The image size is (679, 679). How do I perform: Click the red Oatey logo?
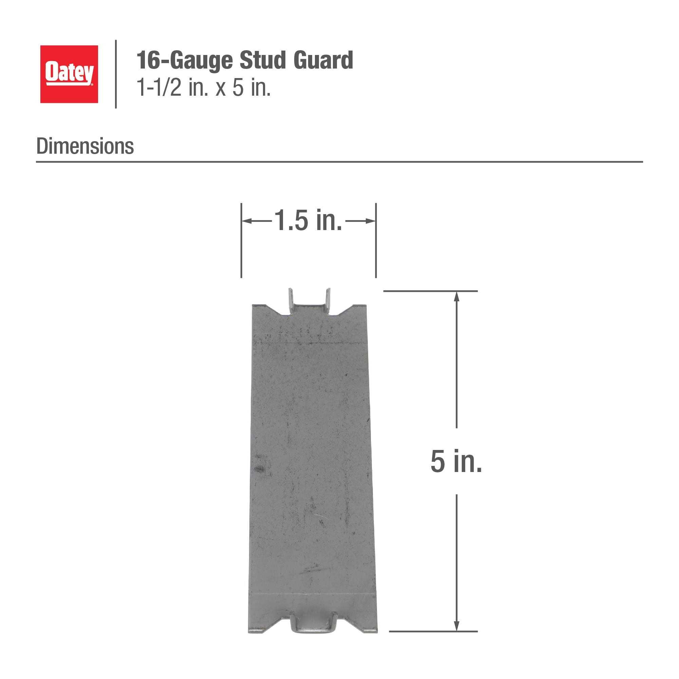(69, 74)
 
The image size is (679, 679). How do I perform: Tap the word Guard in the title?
(323, 60)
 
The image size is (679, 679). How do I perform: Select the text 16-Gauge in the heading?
(184, 61)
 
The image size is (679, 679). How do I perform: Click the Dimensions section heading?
(85, 146)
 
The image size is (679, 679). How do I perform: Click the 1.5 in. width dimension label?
(308, 221)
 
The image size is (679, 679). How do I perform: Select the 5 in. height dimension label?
(456, 461)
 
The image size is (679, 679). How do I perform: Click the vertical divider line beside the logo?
(116, 74)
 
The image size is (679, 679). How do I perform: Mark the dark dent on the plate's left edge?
(260, 469)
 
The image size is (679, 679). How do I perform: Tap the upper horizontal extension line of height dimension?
(430, 291)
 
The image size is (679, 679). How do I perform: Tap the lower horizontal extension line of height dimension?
(433, 631)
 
